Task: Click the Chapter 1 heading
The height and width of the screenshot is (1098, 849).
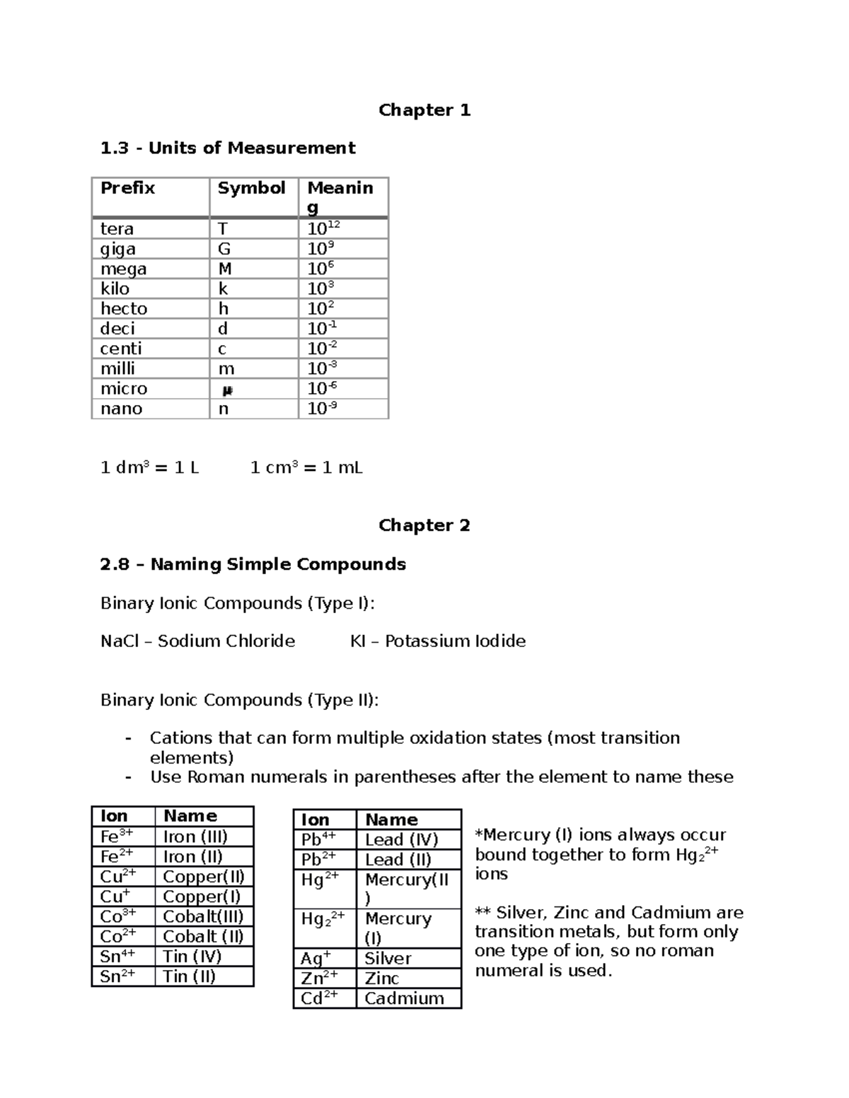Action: click(424, 110)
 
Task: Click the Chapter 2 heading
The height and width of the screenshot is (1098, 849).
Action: click(424, 525)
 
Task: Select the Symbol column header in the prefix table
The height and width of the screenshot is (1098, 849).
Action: click(251, 188)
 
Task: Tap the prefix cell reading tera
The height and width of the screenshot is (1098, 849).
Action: click(117, 229)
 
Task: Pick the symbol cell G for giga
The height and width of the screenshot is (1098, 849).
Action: click(224, 249)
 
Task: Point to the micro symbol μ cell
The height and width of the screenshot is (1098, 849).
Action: click(227, 390)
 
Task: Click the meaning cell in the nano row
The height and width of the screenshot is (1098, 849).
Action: click(323, 409)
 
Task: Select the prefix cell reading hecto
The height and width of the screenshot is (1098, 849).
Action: click(124, 309)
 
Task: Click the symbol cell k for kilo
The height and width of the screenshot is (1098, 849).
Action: click(223, 289)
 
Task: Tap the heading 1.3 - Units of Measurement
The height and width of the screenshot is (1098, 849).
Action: click(228, 148)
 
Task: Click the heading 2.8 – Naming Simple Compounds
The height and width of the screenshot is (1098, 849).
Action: click(253, 564)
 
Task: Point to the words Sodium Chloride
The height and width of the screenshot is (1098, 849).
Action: click(226, 641)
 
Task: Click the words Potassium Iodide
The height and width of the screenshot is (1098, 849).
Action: click(456, 641)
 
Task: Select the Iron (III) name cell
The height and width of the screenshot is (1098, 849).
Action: click(195, 837)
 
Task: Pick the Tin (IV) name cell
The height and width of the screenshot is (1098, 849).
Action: click(192, 957)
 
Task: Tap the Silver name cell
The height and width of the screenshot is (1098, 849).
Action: click(388, 959)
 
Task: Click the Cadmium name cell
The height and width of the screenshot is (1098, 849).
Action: click(404, 998)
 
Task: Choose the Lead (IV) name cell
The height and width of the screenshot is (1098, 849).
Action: click(402, 840)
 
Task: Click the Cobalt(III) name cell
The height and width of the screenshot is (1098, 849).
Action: click(203, 917)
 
